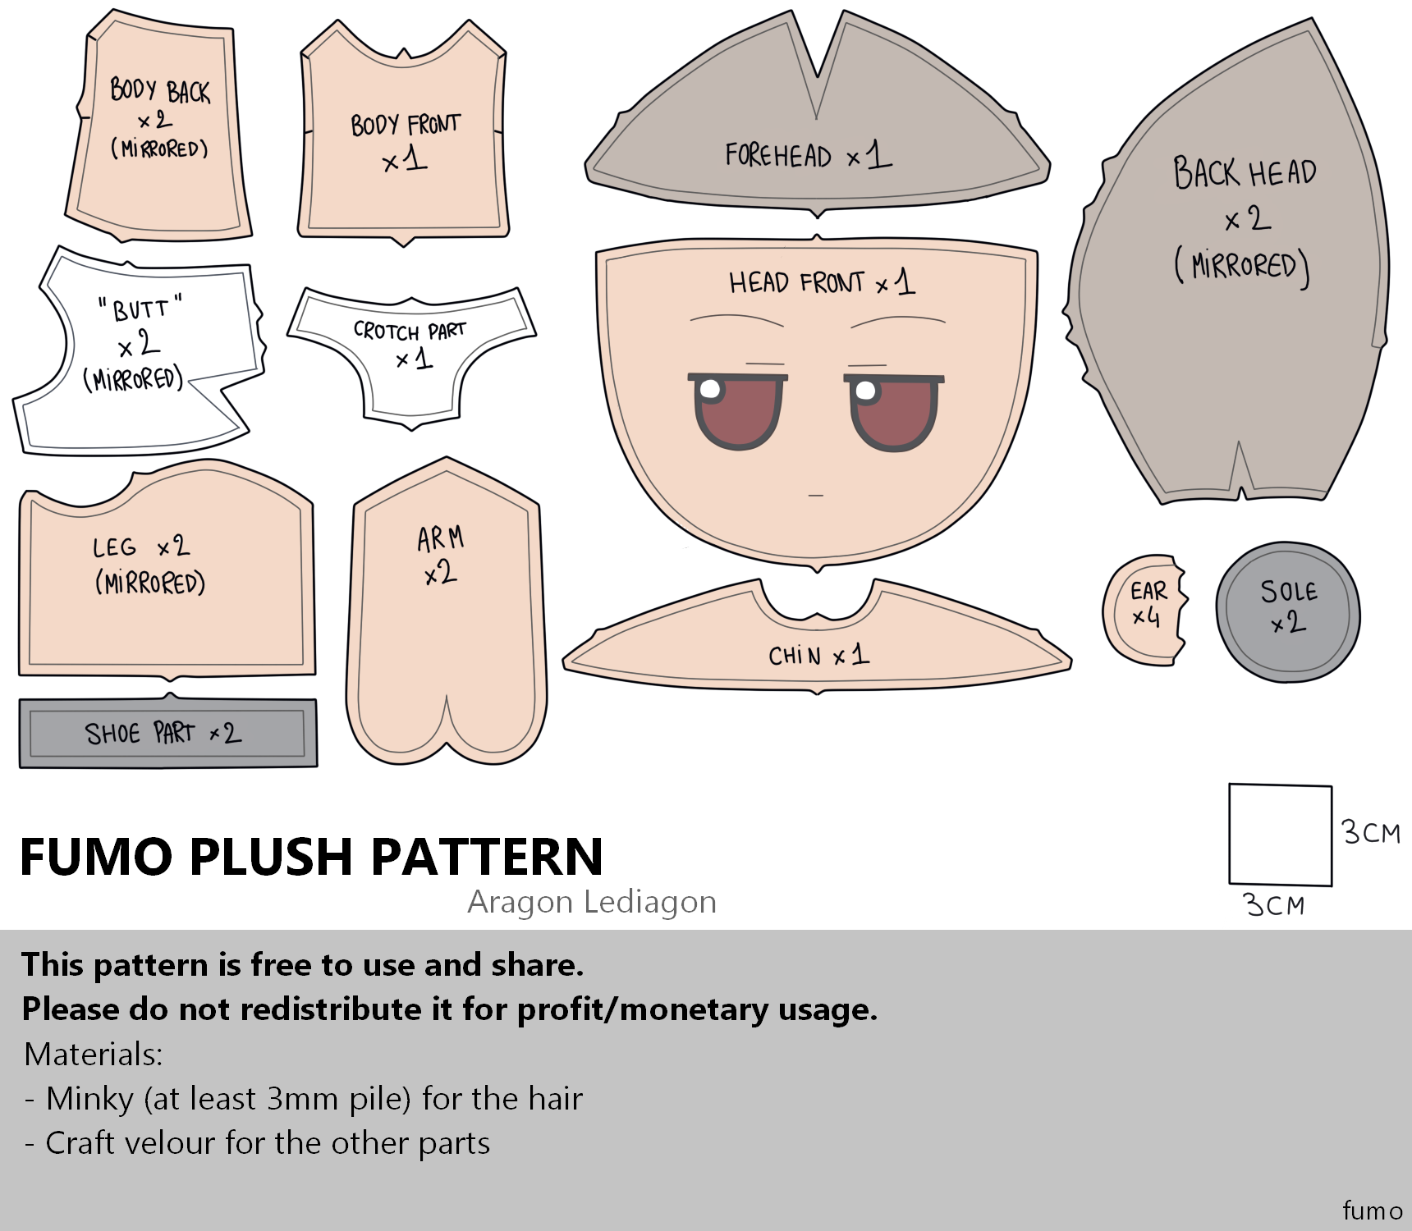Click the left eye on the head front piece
737,411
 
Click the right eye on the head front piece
894,412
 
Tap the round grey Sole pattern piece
1287,611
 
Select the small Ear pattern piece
1144,611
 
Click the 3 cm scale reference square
1280,835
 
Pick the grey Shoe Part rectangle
168,732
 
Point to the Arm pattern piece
446,611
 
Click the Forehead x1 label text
808,154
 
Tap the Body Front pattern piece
403,131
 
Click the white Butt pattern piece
138,351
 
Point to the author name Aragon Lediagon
592,902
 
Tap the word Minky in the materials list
89,1099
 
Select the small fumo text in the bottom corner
1373,1210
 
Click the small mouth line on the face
815,496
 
